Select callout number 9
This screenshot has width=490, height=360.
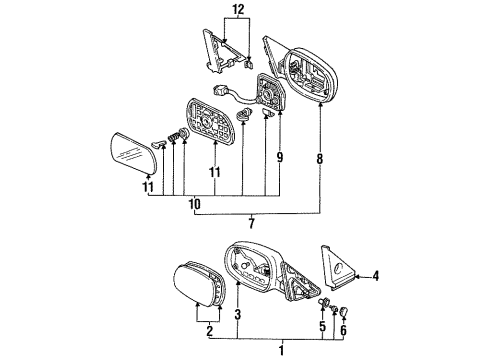279,157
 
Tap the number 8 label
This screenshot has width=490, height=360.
321,157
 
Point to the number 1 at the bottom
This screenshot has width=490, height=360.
281,350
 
